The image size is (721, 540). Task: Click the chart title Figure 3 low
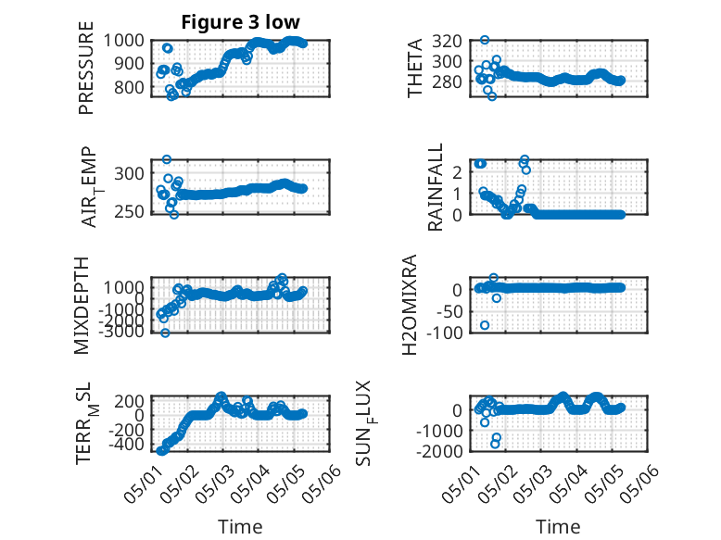point(240,22)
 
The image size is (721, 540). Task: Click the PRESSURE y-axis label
point(86,68)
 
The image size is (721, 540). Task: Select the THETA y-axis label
point(415,68)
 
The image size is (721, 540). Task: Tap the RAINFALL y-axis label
point(435,187)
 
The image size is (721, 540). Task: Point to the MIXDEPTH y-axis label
point(81,306)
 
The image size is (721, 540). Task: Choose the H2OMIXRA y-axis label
point(410,305)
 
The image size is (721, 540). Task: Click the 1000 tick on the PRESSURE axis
point(123,41)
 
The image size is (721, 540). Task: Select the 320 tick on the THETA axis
point(448,41)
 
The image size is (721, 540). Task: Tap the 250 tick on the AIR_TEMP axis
point(129,212)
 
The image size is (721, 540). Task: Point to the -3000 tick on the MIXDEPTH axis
point(120,331)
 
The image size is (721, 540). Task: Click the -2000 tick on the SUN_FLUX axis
point(439,451)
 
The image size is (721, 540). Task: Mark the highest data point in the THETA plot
point(485,40)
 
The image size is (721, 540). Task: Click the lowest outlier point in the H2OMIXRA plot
point(485,325)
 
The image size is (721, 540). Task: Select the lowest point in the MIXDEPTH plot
point(165,333)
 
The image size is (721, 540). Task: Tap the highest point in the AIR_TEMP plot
point(167,159)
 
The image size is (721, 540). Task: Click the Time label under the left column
point(240,526)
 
